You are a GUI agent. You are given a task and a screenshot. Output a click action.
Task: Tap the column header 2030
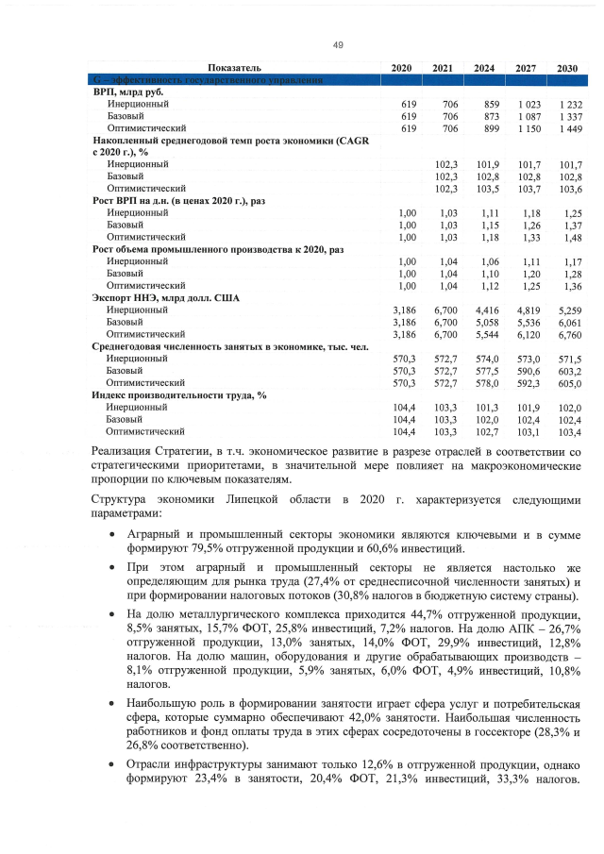coord(567,69)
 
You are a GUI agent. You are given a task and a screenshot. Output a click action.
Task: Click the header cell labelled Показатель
coord(234,69)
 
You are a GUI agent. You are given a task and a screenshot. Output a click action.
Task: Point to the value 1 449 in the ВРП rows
coord(570,127)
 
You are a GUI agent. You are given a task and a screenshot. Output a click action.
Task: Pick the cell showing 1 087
coord(528,115)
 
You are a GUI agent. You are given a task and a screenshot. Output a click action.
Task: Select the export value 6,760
coord(570,334)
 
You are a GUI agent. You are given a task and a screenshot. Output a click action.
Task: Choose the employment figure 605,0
coord(570,383)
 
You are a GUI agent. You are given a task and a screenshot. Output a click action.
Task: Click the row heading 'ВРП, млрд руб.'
coord(130,92)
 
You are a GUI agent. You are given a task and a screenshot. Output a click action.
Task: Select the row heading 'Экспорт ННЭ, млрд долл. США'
coord(166,297)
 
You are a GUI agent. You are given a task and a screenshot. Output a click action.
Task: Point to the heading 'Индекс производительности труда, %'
coord(178,394)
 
